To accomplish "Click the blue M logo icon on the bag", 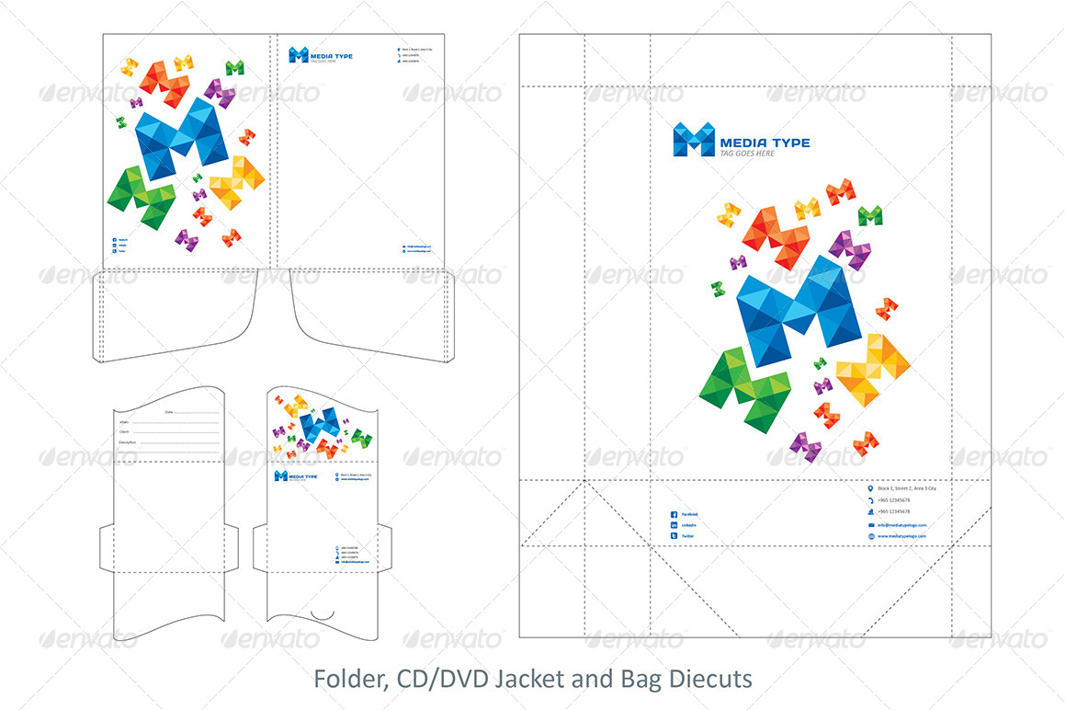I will click(x=694, y=140).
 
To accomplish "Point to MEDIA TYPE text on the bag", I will click(x=765, y=143).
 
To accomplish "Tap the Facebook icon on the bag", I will click(x=674, y=514).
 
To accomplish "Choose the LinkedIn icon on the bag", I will click(x=674, y=524).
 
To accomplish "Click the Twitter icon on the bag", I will click(x=674, y=535).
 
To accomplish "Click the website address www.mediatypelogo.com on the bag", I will click(x=902, y=535).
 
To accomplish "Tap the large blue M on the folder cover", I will click(x=181, y=136).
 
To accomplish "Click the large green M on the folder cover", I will click(x=142, y=196).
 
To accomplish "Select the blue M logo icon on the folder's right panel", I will click(x=298, y=55).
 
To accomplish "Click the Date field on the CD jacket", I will click(x=193, y=412).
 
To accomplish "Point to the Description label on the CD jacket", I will click(x=128, y=442).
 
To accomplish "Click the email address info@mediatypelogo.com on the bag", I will click(x=902, y=524).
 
